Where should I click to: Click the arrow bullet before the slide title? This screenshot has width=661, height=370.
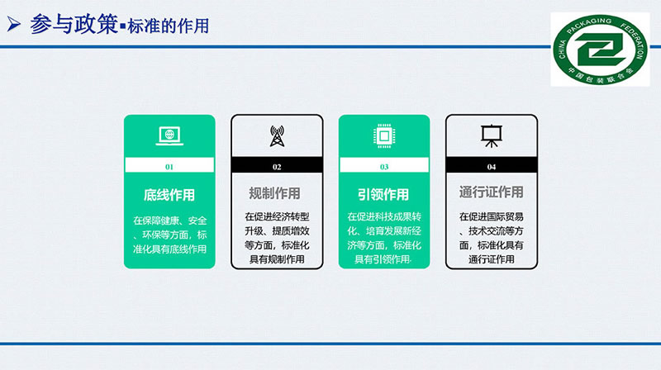[14, 25]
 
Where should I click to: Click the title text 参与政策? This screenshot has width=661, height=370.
[74, 25]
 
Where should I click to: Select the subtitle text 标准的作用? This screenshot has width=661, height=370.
[169, 26]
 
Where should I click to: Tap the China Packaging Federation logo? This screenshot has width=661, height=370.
[600, 50]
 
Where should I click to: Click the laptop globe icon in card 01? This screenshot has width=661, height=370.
[169, 136]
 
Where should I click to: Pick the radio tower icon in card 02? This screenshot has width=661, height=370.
[277, 136]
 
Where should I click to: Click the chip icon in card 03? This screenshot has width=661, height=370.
[384, 136]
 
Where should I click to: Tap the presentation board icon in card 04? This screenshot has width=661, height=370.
[491, 136]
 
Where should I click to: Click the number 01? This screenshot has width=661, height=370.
[169, 167]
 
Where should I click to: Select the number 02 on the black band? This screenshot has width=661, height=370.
[277, 167]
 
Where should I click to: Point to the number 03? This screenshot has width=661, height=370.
[384, 167]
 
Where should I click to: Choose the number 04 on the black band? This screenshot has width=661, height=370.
[492, 167]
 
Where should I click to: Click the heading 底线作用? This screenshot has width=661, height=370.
[169, 195]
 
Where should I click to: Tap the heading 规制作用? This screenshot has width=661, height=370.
[274, 193]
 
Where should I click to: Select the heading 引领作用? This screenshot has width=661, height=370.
[383, 195]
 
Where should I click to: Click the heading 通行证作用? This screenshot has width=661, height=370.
[491, 192]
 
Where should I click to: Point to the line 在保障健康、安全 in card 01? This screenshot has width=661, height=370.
[170, 221]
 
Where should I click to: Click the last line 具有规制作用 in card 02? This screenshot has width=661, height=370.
[277, 259]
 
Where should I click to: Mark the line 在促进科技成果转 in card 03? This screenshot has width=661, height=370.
[384, 216]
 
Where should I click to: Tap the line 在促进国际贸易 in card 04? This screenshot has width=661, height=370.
[492, 216]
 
